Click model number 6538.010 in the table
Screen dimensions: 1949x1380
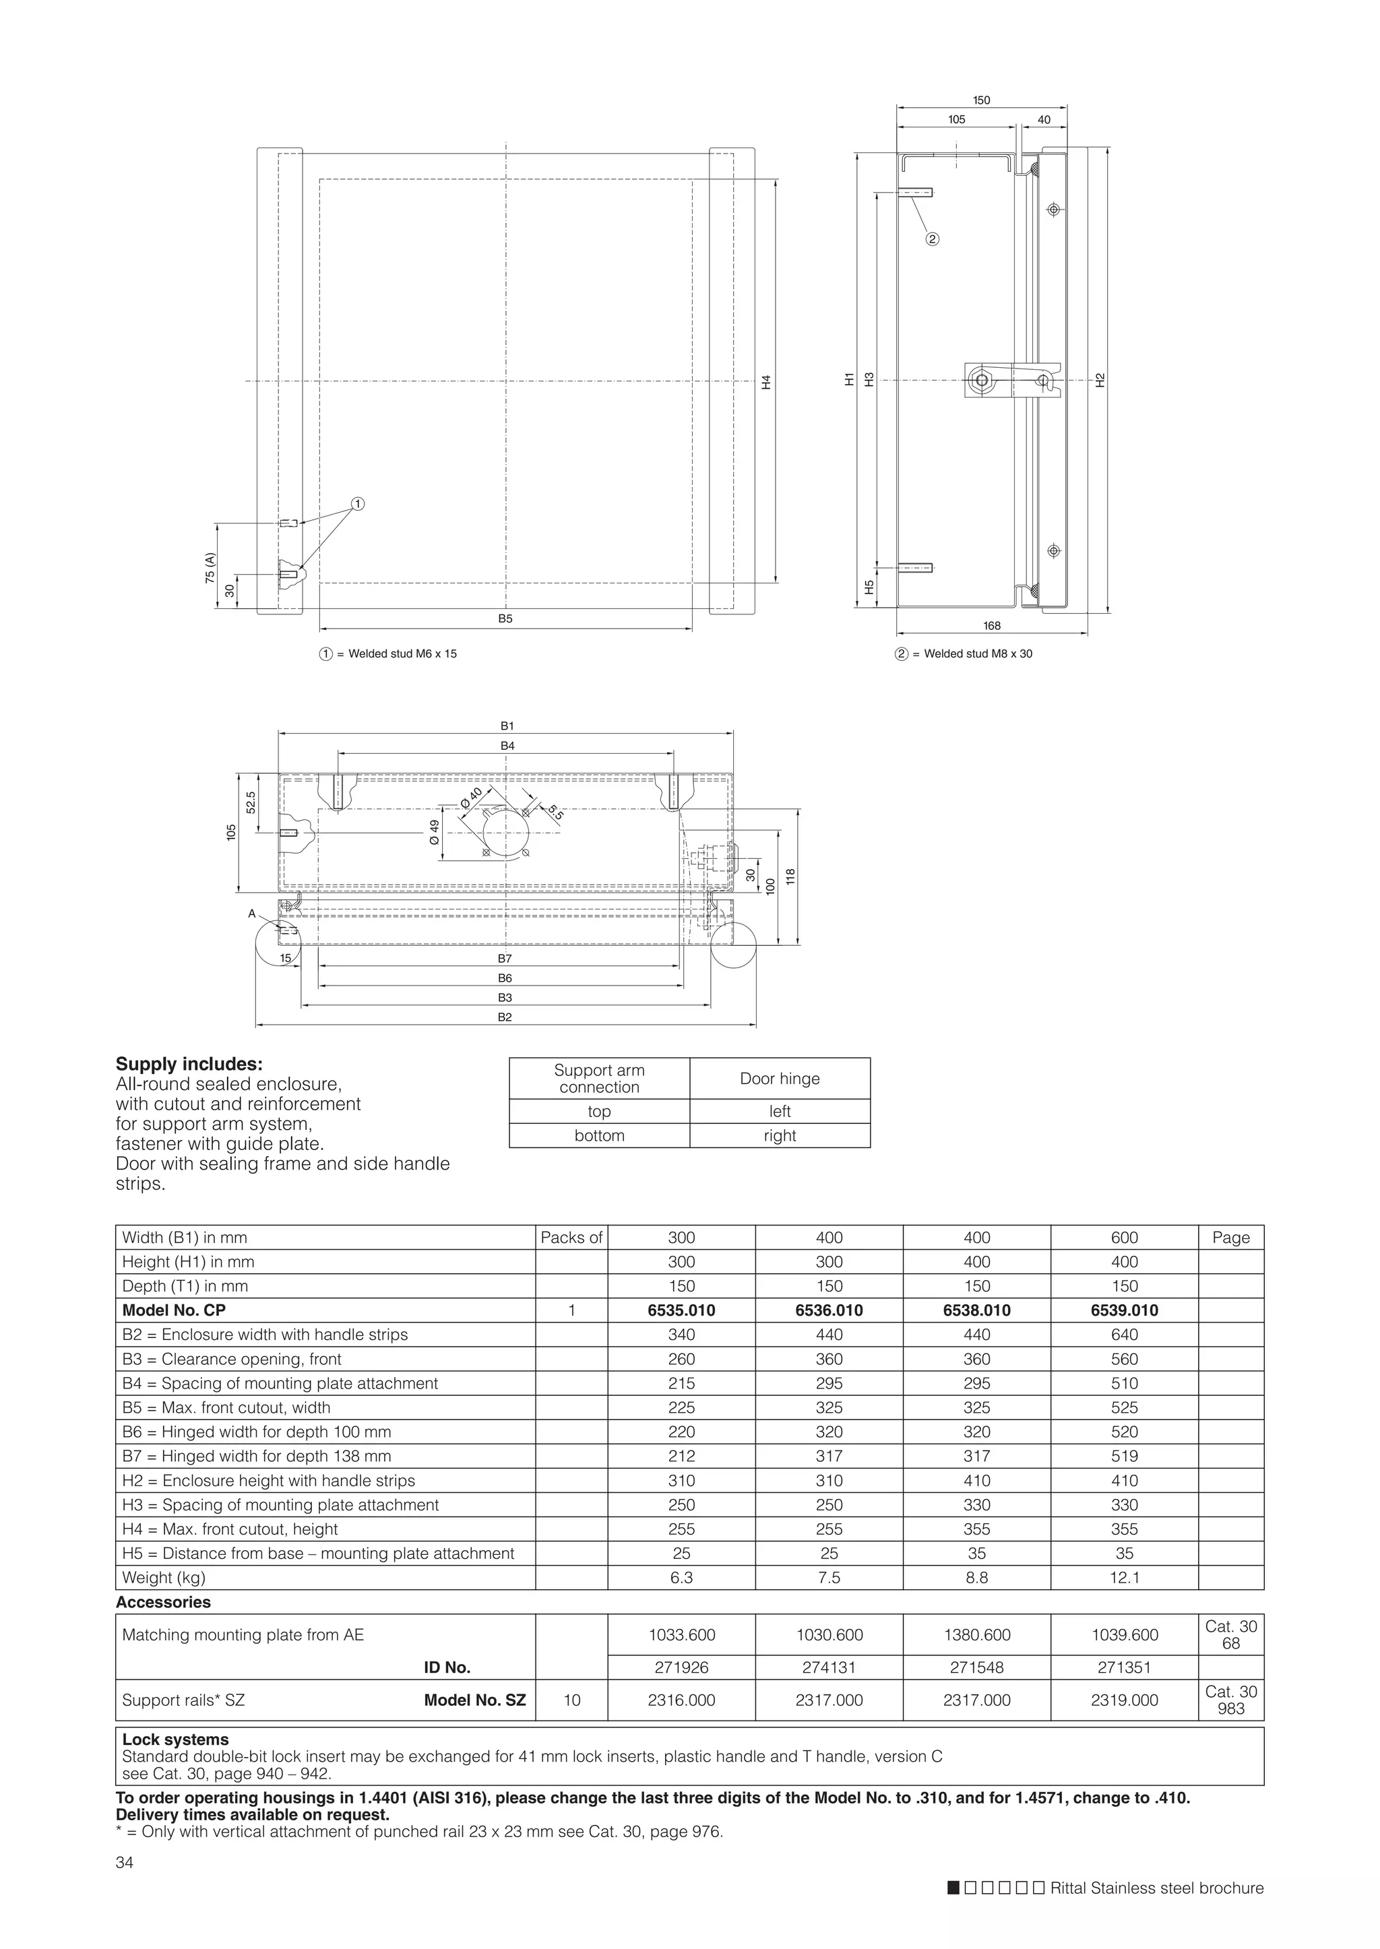(976, 1310)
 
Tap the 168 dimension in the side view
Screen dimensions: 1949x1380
(992, 625)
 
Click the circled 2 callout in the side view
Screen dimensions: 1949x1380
(932, 238)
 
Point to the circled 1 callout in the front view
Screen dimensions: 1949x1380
(358, 504)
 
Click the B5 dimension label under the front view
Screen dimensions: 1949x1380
(505, 619)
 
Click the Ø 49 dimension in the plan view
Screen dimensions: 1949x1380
(434, 832)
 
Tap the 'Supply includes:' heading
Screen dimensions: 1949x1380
(189, 1064)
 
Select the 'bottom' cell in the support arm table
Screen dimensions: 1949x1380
(599, 1136)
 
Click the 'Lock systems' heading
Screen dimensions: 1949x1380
(175, 1739)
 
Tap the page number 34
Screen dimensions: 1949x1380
(124, 1863)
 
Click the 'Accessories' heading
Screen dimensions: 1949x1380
(163, 1602)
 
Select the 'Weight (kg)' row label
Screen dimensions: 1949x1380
(164, 1578)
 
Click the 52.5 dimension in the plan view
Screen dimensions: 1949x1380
(251, 802)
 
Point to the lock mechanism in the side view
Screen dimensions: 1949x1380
(1011, 380)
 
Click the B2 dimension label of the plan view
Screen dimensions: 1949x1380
(505, 1017)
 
